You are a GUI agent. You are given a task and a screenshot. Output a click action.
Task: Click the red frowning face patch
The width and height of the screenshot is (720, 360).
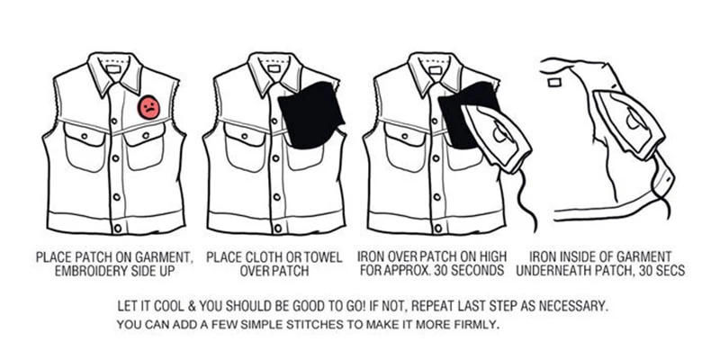point(148,107)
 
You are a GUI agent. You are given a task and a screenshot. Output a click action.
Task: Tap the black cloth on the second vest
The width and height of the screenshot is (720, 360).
point(311,116)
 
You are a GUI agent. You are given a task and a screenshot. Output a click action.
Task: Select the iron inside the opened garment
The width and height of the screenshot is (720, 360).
point(630,123)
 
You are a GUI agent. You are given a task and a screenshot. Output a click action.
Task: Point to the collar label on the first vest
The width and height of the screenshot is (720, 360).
point(113,69)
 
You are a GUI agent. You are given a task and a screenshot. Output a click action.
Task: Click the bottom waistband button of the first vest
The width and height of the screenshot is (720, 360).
point(118,229)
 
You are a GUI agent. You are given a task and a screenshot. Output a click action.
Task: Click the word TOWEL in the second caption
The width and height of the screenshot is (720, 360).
point(320,256)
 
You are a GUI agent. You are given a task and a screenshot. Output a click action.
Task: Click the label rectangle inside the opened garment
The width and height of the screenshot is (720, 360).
point(554,82)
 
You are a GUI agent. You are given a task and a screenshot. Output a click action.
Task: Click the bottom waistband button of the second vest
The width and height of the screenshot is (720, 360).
point(278,229)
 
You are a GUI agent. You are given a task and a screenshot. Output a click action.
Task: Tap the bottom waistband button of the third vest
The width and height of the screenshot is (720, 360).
point(438,229)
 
